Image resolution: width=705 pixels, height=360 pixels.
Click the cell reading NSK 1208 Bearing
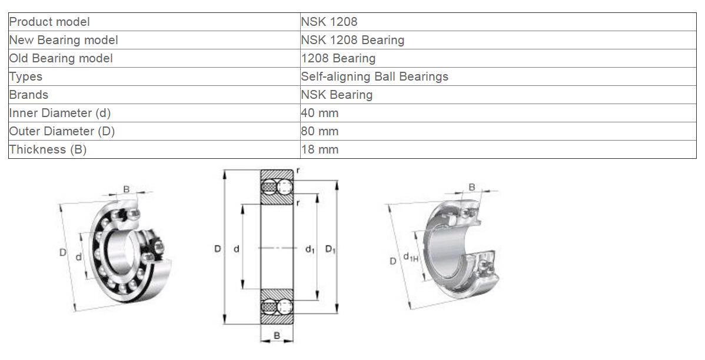(x=352, y=40)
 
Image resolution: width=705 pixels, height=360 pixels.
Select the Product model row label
(x=49, y=22)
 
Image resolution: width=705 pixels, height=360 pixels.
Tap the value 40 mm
(x=320, y=113)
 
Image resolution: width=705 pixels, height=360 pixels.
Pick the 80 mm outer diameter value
(x=320, y=131)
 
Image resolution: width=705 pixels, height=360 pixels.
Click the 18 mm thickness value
(x=320, y=149)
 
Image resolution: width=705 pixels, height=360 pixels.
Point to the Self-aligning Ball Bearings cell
(x=374, y=76)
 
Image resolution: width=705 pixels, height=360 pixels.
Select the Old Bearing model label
(x=61, y=58)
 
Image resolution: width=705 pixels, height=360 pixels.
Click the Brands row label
(x=29, y=95)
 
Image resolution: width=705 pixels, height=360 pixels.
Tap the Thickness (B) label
(x=48, y=149)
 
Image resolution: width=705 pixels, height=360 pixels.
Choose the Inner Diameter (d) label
(x=59, y=113)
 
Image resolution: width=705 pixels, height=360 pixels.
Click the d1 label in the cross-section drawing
(x=310, y=249)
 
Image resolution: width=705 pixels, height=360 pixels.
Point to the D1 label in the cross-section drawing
(x=330, y=249)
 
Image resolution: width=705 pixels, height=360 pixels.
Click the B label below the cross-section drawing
(x=277, y=336)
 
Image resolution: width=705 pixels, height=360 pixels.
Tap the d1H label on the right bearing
(x=410, y=257)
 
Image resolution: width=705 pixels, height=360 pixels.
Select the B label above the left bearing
(x=127, y=189)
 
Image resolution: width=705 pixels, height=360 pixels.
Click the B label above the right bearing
(x=471, y=187)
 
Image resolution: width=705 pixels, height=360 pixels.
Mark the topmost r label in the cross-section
(x=298, y=170)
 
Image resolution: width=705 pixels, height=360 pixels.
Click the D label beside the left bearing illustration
(x=62, y=252)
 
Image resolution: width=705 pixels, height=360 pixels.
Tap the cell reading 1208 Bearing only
(x=338, y=58)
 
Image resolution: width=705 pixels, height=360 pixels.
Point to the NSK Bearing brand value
(x=336, y=95)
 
